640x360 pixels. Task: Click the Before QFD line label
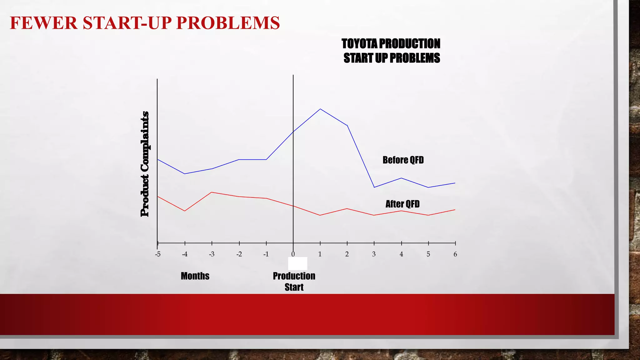click(x=403, y=160)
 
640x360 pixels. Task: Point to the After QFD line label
click(x=402, y=204)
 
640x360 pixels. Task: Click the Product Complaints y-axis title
click(x=145, y=164)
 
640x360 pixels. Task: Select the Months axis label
click(x=195, y=276)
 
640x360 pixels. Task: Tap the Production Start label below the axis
click(x=294, y=281)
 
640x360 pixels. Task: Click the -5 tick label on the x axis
click(x=158, y=254)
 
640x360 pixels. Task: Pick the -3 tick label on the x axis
click(x=212, y=254)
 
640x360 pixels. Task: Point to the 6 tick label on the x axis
click(x=455, y=254)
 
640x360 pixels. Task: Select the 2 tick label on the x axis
click(x=347, y=254)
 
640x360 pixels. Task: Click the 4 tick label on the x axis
click(x=401, y=254)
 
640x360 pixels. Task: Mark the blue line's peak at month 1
click(x=320, y=109)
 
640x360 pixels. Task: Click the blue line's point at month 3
click(x=374, y=187)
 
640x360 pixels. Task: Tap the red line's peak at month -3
click(x=212, y=192)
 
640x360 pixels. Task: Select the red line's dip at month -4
click(x=185, y=211)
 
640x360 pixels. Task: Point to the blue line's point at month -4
click(x=185, y=174)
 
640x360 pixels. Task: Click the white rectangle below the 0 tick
click(x=297, y=263)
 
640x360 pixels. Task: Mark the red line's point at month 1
click(x=320, y=215)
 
